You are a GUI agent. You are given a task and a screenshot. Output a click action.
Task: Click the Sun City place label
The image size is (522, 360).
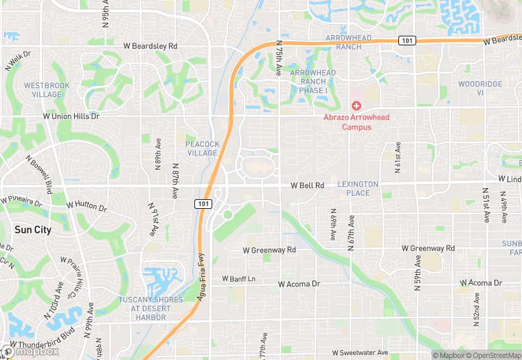pos(33,230)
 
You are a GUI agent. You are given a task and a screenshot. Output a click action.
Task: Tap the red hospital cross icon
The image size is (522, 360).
pos(356,106)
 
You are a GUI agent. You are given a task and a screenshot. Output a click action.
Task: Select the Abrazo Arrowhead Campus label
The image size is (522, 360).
pos(356,122)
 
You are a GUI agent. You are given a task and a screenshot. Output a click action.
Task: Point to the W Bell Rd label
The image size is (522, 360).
pos(307,185)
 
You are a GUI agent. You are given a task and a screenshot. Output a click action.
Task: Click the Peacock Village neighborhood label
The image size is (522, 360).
pos(202,148)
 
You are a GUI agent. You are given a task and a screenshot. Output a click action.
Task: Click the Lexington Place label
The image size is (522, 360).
pos(358,189)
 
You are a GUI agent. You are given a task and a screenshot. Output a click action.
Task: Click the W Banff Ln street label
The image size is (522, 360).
pos(238,279)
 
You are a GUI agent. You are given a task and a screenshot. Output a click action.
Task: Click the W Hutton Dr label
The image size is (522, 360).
pos(87,205)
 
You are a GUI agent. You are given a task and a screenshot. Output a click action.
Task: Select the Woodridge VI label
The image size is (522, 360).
pos(480,88)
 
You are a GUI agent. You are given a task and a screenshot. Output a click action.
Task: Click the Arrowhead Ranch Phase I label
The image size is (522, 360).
pos(313,81)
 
